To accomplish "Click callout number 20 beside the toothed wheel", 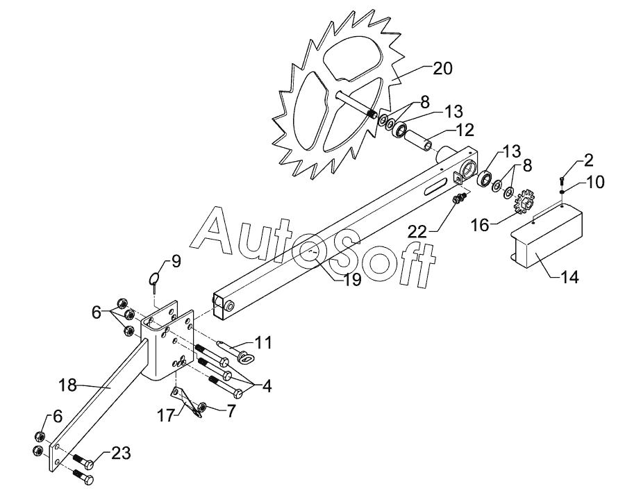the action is coord(442,69).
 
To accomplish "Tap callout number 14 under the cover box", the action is coord(569,277).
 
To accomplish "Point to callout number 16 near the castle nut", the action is coord(480,225).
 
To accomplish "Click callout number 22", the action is coord(417,231).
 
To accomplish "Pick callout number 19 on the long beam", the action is coord(352,280).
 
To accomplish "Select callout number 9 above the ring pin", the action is coord(176,261).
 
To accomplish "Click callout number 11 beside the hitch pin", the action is coord(263,342).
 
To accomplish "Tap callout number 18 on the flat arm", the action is coord(68,385).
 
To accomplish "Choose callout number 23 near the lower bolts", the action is coord(121,453).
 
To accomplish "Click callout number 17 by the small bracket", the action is coord(166,415).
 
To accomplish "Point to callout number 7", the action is coord(231,410).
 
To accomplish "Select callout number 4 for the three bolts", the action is coord(267,385).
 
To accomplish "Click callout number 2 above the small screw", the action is coord(589,160).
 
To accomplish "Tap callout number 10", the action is coord(595,182).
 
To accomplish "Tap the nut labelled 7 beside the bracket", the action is coord(201,407).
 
